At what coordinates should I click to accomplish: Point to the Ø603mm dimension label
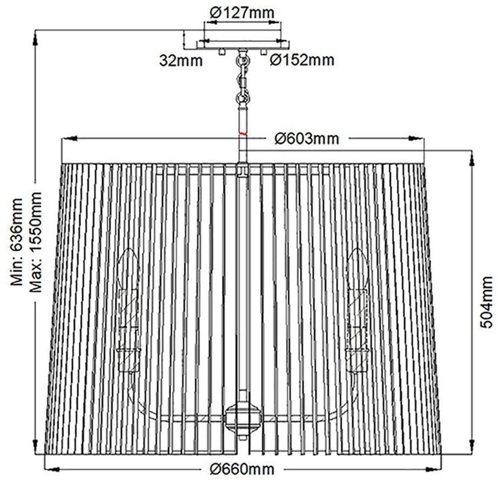coord(306,139)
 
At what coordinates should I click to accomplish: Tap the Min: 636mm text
coord(18,242)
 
